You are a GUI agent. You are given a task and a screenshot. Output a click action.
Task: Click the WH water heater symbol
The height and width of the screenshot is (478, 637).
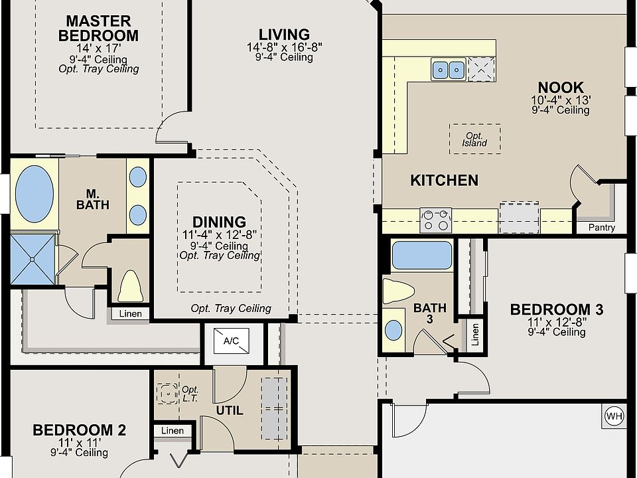(x=614, y=416)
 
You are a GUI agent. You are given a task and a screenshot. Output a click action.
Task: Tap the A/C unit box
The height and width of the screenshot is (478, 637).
(x=231, y=341)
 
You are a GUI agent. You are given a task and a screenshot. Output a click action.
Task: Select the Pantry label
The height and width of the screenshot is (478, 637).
(x=602, y=227)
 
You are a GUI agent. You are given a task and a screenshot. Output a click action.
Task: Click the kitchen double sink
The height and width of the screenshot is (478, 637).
(x=448, y=70)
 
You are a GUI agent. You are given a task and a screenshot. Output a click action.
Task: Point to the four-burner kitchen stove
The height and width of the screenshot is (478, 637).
(x=435, y=220)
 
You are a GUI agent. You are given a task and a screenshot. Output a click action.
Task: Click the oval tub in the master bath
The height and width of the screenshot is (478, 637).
(x=35, y=194)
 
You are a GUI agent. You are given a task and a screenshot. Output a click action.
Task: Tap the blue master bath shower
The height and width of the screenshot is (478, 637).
(x=33, y=259)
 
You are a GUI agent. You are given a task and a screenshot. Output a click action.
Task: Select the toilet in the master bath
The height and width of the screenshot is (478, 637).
(x=130, y=286)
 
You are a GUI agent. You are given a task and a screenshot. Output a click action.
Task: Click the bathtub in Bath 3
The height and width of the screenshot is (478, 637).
(x=422, y=255)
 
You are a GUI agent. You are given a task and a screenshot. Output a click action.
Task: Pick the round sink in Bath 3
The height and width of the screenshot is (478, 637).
(x=393, y=330)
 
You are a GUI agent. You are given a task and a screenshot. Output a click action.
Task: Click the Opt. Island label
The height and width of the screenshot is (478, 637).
(x=474, y=139)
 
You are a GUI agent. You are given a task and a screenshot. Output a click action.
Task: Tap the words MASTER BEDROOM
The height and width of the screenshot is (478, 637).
(x=98, y=29)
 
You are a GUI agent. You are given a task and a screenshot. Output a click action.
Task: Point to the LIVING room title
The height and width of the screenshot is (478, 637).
(x=285, y=35)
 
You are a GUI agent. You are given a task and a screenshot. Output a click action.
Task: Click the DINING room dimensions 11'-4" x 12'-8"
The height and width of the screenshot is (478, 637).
(x=220, y=235)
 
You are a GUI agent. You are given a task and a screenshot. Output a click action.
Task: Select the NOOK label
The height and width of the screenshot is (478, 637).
(x=561, y=88)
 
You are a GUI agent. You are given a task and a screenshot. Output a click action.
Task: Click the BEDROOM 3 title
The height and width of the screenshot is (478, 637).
(x=557, y=310)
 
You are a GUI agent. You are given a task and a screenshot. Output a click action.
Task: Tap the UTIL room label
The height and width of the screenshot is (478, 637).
(x=230, y=410)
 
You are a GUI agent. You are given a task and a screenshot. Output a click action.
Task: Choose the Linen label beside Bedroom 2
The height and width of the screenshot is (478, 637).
(x=173, y=430)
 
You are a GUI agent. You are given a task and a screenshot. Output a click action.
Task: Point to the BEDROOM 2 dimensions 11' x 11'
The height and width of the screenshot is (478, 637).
(x=80, y=443)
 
